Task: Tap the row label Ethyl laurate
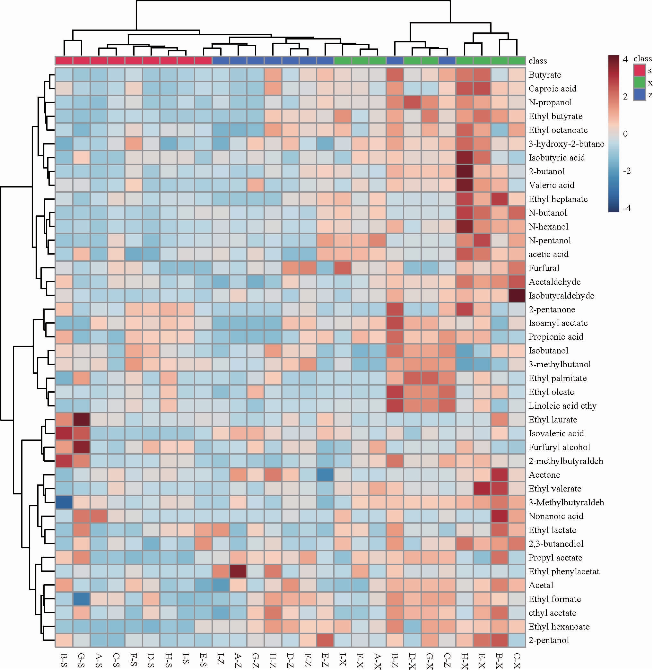[x=553, y=419]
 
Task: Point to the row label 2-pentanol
[x=549, y=640]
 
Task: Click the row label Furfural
[x=544, y=268]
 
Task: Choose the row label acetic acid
[x=548, y=254]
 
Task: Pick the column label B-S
[x=64, y=660]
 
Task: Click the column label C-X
[x=517, y=660]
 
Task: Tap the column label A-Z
[x=238, y=660]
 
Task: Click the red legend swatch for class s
[x=639, y=70]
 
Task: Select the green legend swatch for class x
[x=639, y=83]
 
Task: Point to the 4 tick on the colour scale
[x=625, y=59]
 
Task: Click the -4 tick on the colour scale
[x=626, y=208]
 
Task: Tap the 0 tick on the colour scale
[x=625, y=134]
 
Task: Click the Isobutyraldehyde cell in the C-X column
[x=517, y=296]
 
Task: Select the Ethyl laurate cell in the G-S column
[x=82, y=419]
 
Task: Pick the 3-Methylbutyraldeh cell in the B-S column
[x=64, y=502]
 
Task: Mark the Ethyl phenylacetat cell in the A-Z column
[x=238, y=571]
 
